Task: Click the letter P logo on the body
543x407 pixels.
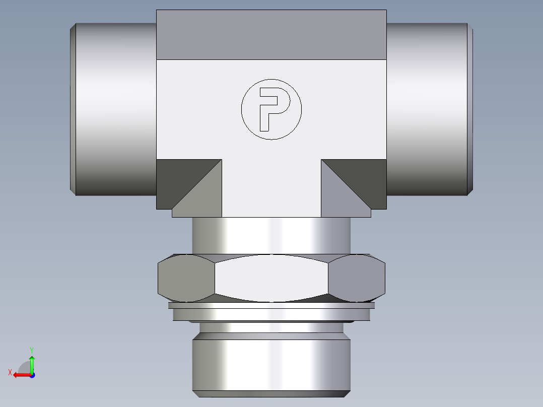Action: coord(271,108)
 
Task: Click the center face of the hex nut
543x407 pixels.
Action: coord(271,278)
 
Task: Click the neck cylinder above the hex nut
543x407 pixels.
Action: coord(271,235)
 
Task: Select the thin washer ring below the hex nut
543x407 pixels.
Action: coord(271,305)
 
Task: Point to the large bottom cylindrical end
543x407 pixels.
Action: coord(271,365)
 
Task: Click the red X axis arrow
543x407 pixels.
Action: coord(19,375)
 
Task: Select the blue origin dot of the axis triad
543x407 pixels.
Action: coord(32,375)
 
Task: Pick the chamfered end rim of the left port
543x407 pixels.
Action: coord(73,109)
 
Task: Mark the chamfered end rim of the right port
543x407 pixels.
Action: coord(470,109)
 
